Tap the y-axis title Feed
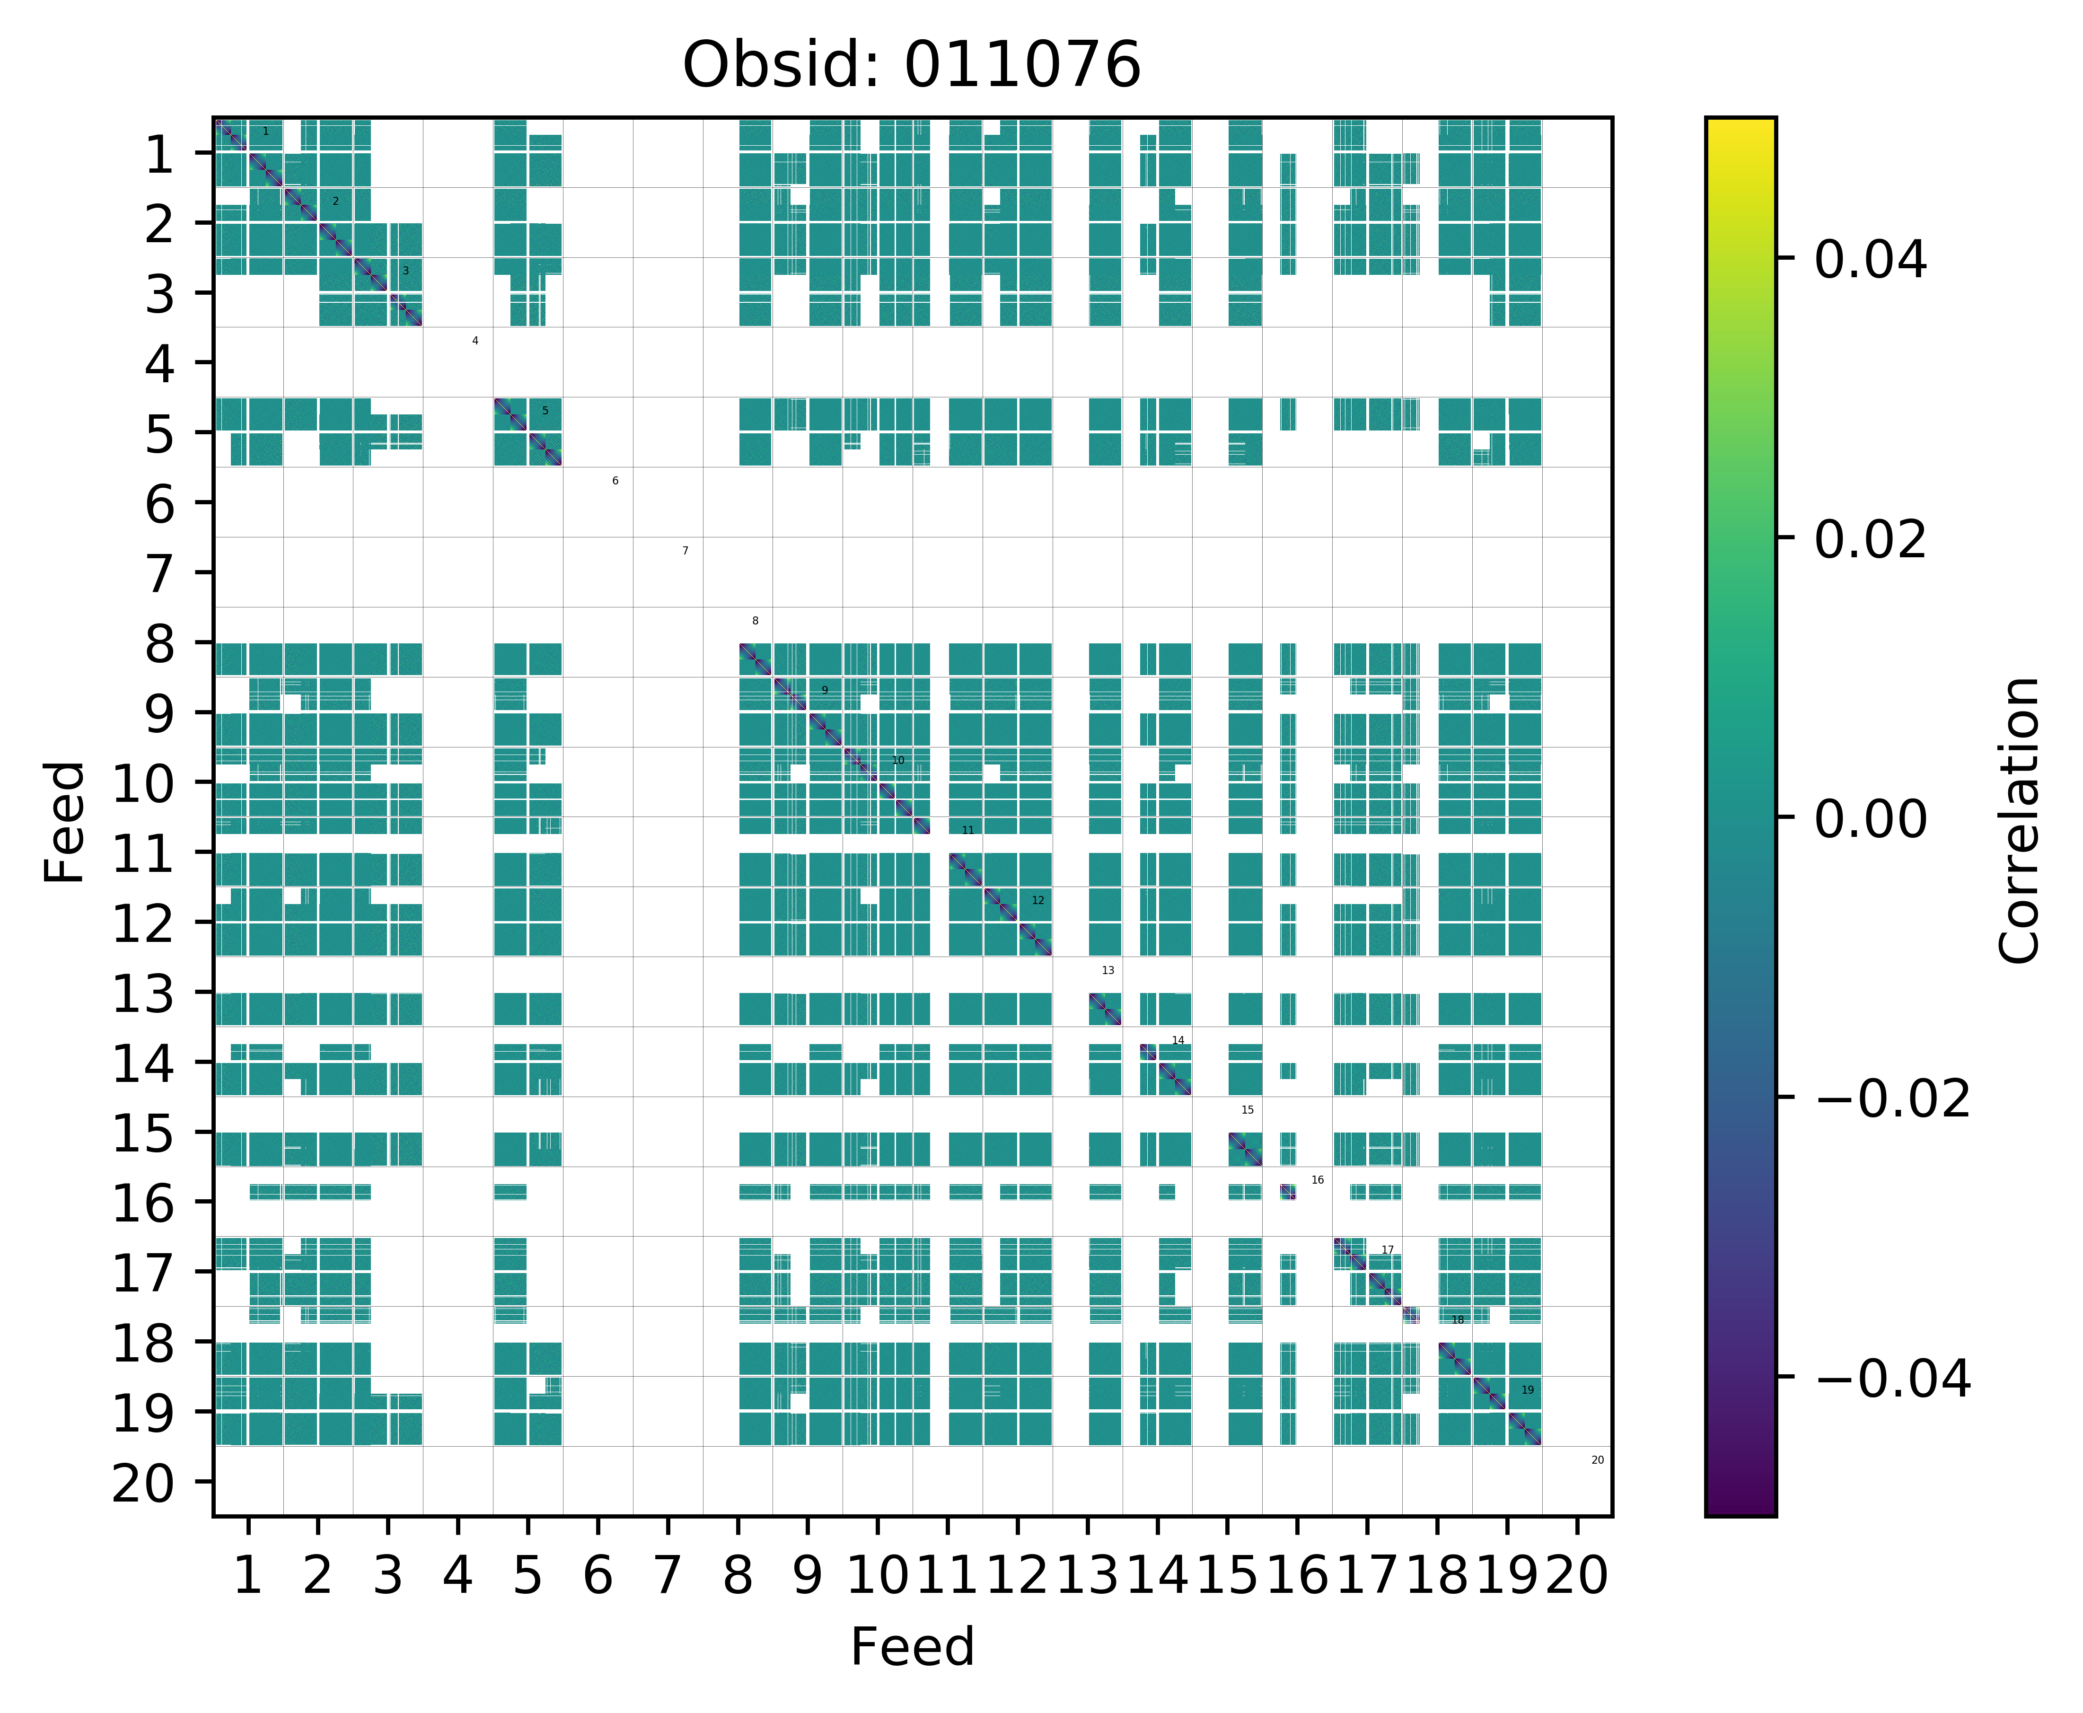tap(65, 822)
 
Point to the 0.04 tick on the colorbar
tap(1870, 261)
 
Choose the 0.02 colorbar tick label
tap(1870, 540)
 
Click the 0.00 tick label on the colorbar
tap(1870, 819)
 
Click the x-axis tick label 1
tap(248, 1575)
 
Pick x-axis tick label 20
tap(1577, 1575)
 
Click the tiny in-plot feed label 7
tap(685, 551)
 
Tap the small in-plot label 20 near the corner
tap(1598, 1459)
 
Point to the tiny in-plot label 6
tap(615, 481)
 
